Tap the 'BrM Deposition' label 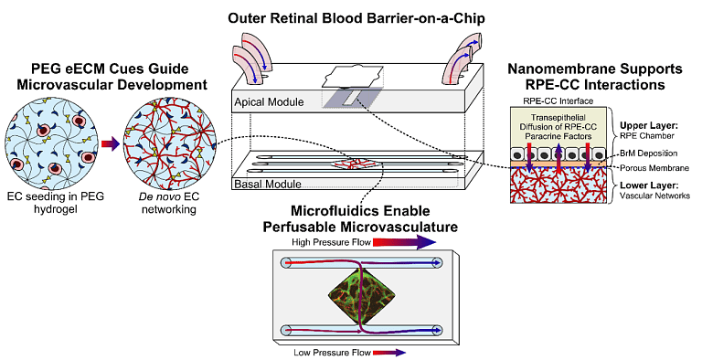[645, 153]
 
